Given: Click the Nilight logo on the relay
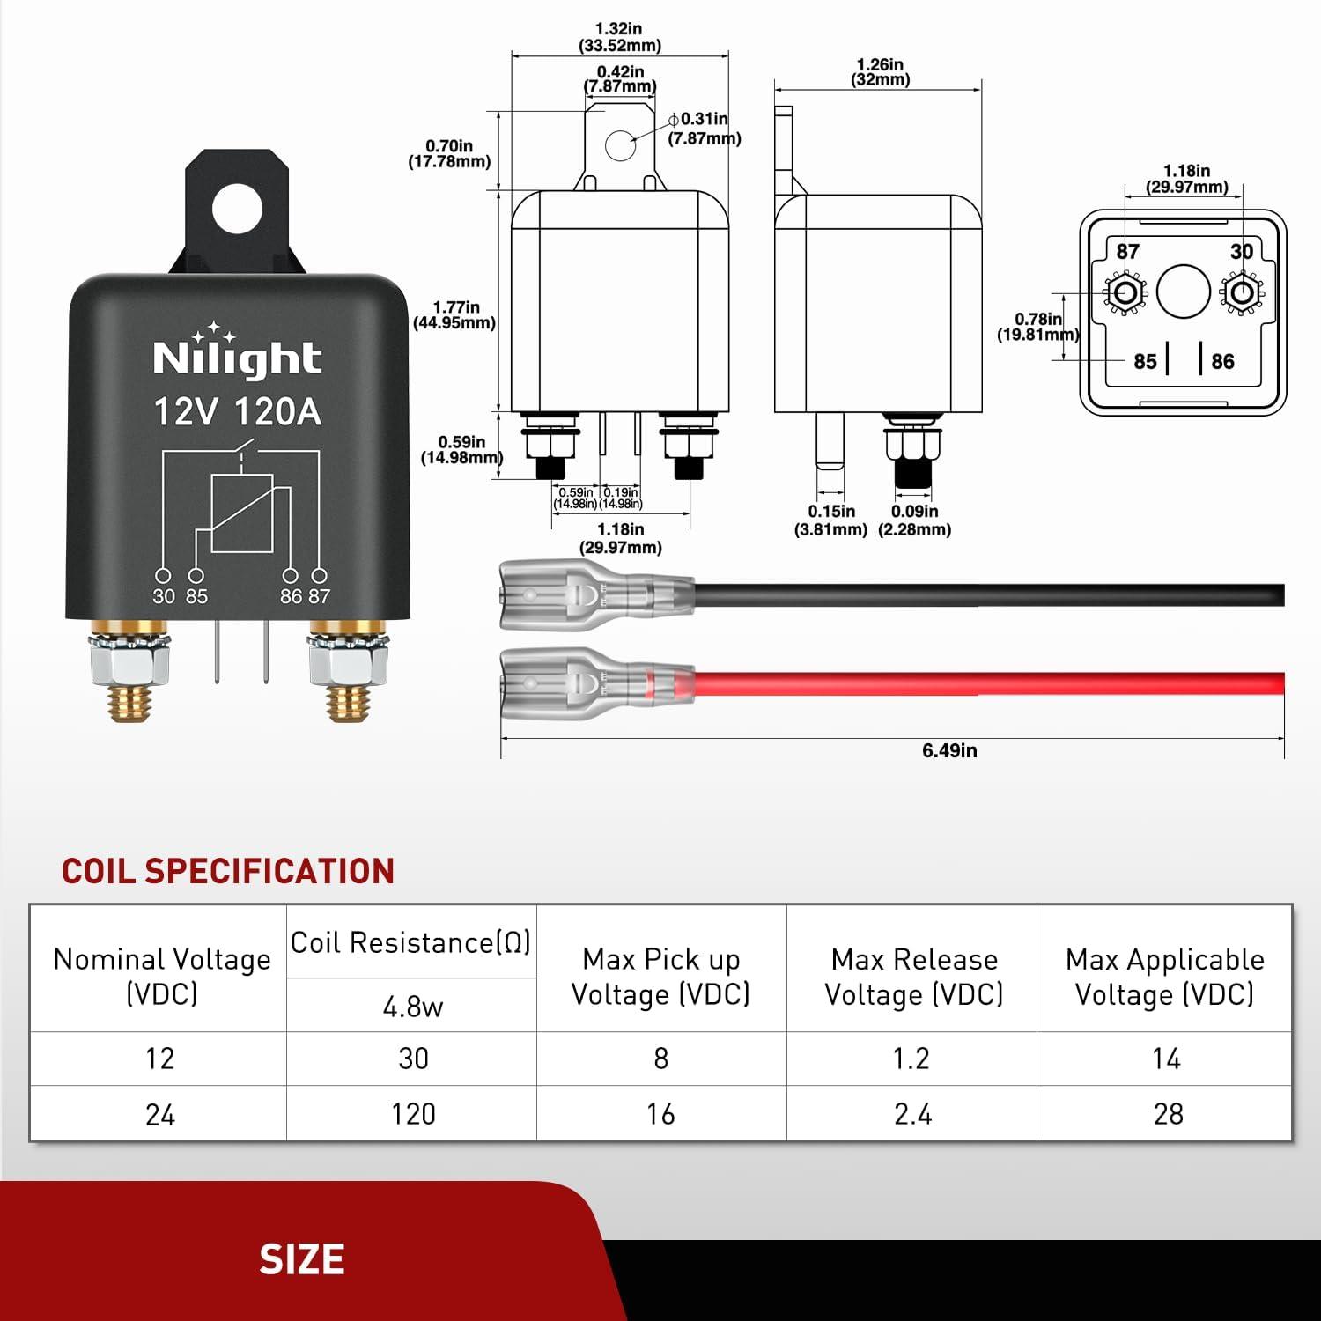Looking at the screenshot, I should [237, 356].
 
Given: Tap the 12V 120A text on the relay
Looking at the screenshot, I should [237, 411].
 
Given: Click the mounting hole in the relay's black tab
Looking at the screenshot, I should [238, 208].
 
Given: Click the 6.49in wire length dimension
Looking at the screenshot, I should [949, 750].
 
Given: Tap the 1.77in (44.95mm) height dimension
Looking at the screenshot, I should [454, 315].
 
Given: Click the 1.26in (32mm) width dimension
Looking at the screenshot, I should [880, 72].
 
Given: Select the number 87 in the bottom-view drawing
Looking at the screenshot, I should [1127, 252].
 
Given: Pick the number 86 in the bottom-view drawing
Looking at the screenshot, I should [1222, 361].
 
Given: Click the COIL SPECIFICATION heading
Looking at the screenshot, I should [228, 871].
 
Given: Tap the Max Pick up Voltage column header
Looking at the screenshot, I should [660, 976].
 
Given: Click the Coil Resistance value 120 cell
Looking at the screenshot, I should [413, 1114].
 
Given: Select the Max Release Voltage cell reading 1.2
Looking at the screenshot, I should [911, 1058].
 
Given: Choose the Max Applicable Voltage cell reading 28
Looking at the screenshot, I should [1168, 1114].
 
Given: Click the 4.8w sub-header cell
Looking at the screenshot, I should [413, 1006].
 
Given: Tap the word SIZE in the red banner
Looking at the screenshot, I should [301, 1259].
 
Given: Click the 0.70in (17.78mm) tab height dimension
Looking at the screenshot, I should [449, 154].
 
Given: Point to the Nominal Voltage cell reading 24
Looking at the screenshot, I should [159, 1115].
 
